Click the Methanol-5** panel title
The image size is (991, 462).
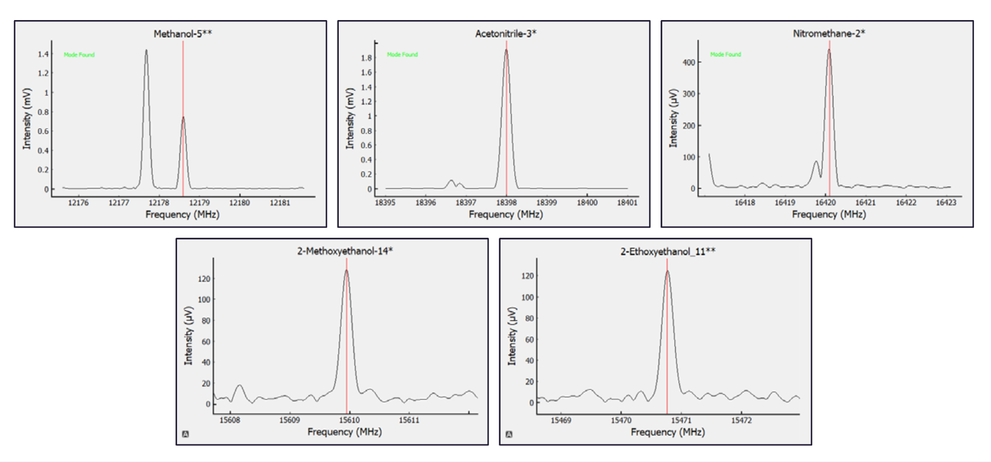(x=182, y=34)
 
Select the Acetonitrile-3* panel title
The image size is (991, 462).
(x=506, y=34)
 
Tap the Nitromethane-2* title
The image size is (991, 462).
(x=829, y=34)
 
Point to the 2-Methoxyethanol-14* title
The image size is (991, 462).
(x=345, y=251)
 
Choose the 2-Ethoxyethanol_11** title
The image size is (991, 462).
(x=668, y=251)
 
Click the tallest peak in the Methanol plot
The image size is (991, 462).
(x=146, y=51)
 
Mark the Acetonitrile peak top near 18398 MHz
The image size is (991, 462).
(x=506, y=50)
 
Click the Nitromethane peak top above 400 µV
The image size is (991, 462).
(x=829, y=50)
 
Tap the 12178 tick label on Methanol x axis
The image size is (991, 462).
(x=159, y=203)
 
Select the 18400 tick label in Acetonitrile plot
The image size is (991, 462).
(x=587, y=203)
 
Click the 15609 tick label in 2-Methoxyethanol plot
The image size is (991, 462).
(x=289, y=421)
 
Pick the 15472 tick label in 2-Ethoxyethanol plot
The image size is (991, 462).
(x=741, y=421)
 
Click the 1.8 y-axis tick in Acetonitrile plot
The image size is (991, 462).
(x=366, y=58)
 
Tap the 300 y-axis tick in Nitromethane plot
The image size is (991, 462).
(x=689, y=94)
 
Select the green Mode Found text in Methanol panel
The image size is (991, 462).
(x=79, y=55)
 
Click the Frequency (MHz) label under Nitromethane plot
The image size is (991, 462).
(x=829, y=214)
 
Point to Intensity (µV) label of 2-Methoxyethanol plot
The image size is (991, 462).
(x=188, y=336)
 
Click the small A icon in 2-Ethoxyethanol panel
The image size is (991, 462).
(x=509, y=434)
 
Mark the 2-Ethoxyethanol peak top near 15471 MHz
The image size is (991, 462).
(x=667, y=271)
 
